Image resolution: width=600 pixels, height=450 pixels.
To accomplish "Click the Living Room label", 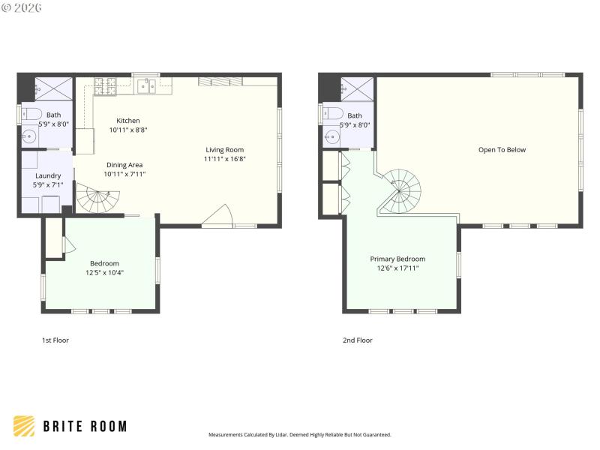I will pyautogui.click(x=224, y=150).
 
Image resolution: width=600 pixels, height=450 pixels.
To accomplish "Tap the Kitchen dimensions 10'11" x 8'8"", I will pyautogui.click(x=127, y=130).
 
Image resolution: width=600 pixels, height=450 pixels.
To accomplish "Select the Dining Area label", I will pyautogui.click(x=124, y=165).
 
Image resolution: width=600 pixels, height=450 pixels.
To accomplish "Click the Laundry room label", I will pyautogui.click(x=48, y=175).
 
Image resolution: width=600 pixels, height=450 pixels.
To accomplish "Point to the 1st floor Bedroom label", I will pyautogui.click(x=104, y=263).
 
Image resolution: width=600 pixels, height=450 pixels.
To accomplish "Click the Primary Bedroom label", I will pyautogui.click(x=397, y=259).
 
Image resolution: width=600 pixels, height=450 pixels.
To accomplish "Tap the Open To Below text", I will pyautogui.click(x=502, y=150).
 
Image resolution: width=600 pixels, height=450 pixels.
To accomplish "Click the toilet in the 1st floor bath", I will pyautogui.click(x=31, y=115).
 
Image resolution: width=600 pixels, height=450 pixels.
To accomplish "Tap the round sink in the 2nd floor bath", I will pyautogui.click(x=331, y=137).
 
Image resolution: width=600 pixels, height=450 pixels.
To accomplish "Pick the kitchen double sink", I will pyautogui.click(x=145, y=85).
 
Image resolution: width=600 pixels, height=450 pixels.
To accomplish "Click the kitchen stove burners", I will pyautogui.click(x=105, y=85).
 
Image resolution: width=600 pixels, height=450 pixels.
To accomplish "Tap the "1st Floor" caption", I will pyautogui.click(x=55, y=340).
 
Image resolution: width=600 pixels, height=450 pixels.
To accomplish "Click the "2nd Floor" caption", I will pyautogui.click(x=357, y=340).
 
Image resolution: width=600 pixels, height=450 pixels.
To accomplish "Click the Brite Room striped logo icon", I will pyautogui.click(x=24, y=426).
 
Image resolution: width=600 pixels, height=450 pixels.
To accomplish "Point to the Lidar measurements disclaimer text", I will pyautogui.click(x=299, y=435).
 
